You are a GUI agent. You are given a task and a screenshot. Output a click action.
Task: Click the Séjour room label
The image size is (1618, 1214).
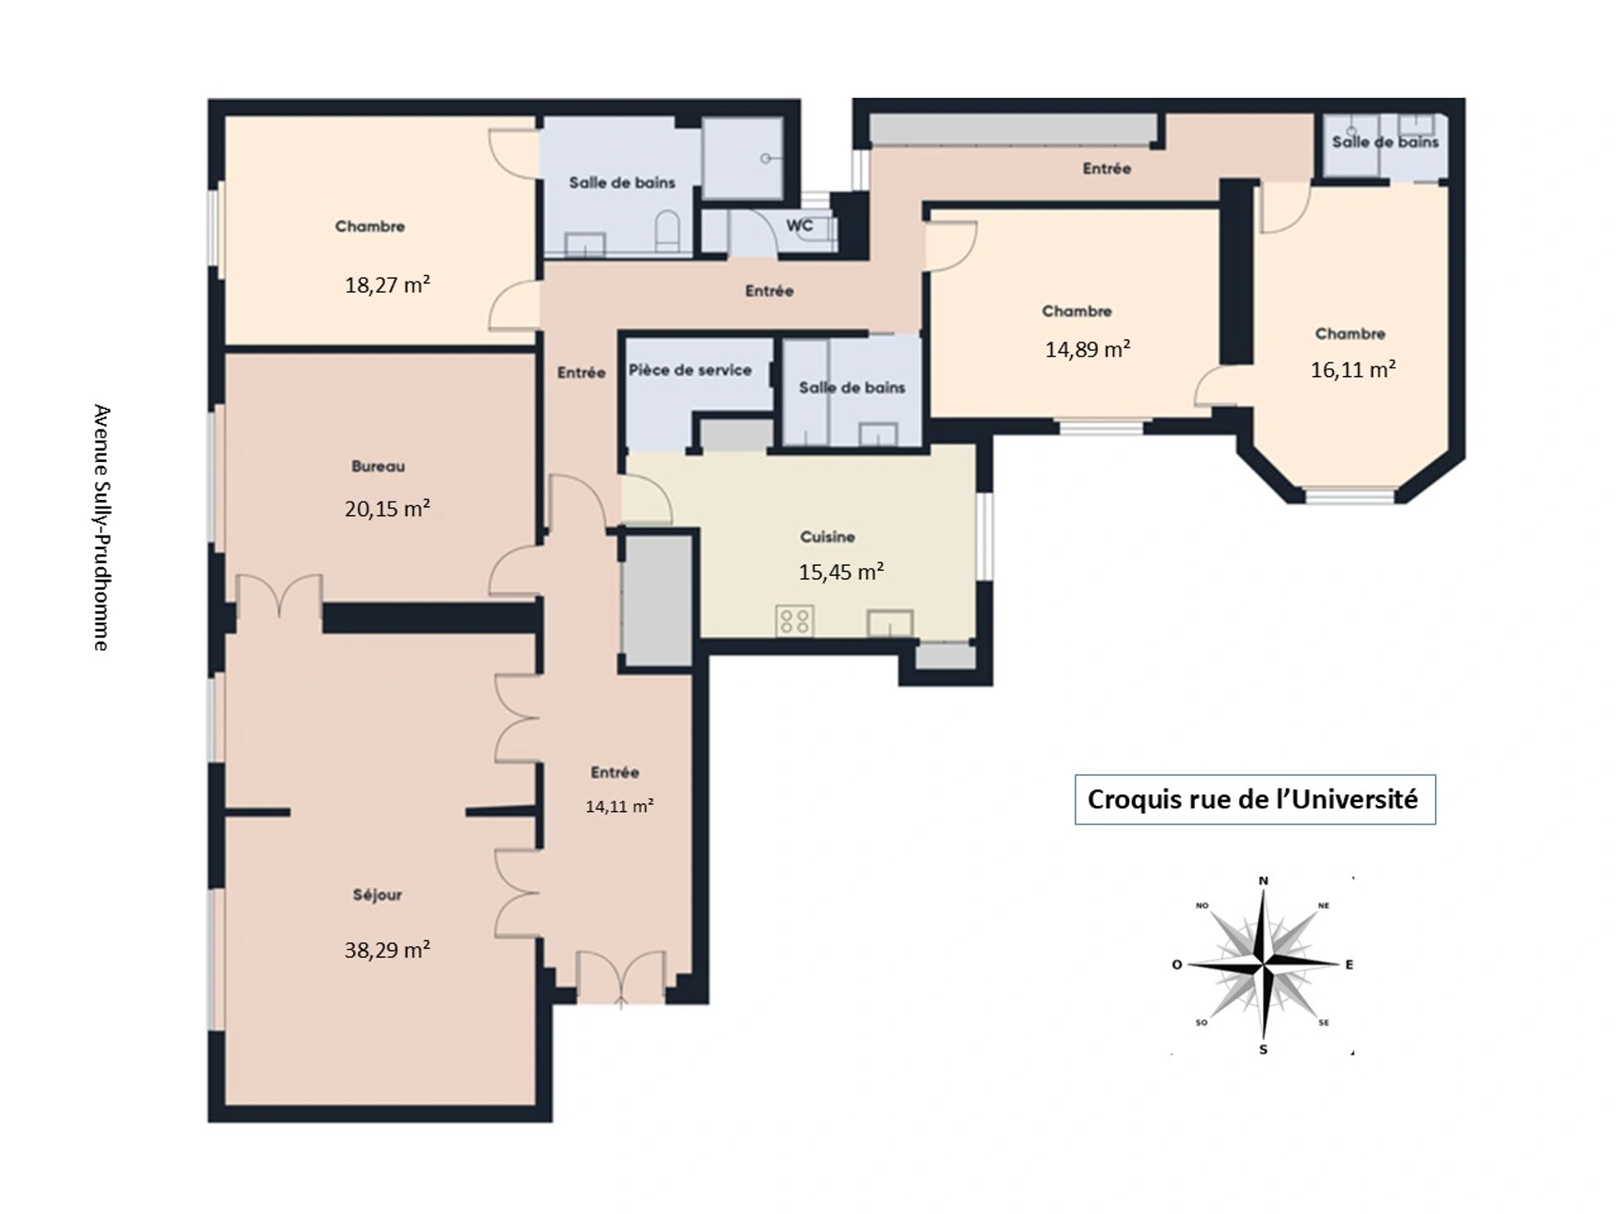pyautogui.click(x=377, y=894)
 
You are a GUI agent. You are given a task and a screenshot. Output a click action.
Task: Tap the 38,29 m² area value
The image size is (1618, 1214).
pyautogui.click(x=387, y=949)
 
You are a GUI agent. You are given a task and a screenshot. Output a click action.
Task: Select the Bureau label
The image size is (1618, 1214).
pyautogui.click(x=378, y=466)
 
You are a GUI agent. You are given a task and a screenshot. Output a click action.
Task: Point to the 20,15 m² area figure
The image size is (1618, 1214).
pyautogui.click(x=387, y=508)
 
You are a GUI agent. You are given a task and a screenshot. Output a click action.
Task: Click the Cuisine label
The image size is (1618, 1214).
pyautogui.click(x=828, y=537)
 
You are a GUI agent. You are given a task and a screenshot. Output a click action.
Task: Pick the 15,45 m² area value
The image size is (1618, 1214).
pyautogui.click(x=841, y=572)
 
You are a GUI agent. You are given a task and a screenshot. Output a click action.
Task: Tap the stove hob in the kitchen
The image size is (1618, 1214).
pyautogui.click(x=795, y=621)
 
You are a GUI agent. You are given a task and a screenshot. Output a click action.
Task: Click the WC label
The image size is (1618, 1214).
pyautogui.click(x=800, y=225)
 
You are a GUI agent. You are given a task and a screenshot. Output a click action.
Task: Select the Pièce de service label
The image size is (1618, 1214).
pyautogui.click(x=690, y=370)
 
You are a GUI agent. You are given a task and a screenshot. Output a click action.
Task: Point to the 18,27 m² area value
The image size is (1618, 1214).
pyautogui.click(x=387, y=284)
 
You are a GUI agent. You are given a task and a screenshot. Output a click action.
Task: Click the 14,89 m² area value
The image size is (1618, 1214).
pyautogui.click(x=1087, y=348)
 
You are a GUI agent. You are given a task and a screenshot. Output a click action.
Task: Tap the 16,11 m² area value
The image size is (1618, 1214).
pyautogui.click(x=1353, y=369)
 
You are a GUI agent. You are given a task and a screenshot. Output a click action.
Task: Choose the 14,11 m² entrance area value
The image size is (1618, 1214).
pyautogui.click(x=619, y=806)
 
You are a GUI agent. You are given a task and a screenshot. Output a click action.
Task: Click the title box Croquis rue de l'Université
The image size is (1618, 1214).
pyautogui.click(x=1255, y=799)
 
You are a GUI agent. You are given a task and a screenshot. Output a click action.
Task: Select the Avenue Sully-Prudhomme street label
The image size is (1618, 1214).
pyautogui.click(x=101, y=528)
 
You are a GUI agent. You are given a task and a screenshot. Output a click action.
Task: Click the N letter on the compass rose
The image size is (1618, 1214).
pyautogui.click(x=1263, y=881)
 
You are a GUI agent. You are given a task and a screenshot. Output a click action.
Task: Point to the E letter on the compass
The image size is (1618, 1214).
pyautogui.click(x=1349, y=964)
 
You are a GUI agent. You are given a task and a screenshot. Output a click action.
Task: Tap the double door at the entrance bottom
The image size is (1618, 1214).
pyautogui.click(x=621, y=978)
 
